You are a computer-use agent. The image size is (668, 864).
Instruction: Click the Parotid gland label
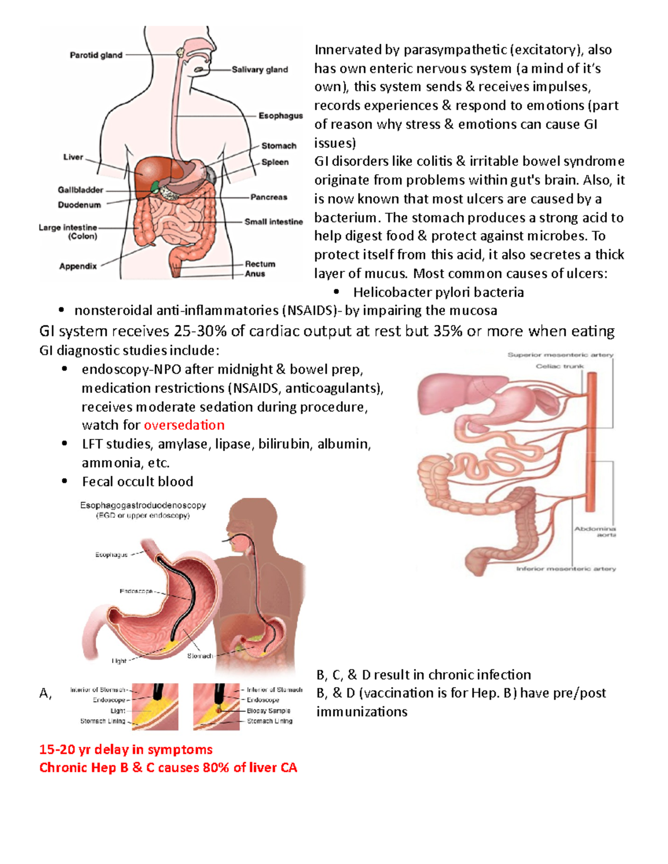click(x=96, y=55)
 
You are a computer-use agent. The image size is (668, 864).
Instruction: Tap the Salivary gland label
click(x=259, y=70)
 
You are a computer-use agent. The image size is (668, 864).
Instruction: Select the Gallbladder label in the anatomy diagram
click(x=80, y=190)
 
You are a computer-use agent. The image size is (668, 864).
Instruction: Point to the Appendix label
click(x=78, y=266)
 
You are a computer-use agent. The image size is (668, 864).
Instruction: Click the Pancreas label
click(x=268, y=197)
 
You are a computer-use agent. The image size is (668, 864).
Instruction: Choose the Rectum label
click(x=260, y=264)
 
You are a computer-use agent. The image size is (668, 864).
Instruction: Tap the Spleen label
click(x=275, y=162)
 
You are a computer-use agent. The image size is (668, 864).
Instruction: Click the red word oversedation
click(x=184, y=425)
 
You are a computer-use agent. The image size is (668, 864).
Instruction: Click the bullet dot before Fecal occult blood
click(x=65, y=481)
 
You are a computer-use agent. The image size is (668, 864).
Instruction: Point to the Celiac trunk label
click(x=559, y=366)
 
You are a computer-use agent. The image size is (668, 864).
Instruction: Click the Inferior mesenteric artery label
click(x=566, y=569)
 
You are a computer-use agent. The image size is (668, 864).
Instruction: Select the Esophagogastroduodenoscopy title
click(x=143, y=505)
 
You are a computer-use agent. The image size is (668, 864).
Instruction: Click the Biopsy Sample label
click(x=268, y=710)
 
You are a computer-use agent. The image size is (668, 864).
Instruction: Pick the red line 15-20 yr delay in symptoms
click(x=126, y=749)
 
